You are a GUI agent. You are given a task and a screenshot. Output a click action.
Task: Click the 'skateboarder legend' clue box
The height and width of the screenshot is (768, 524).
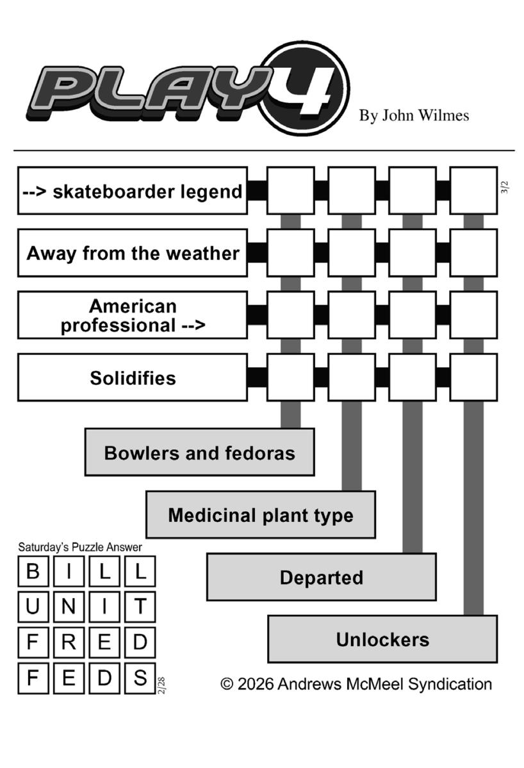(132, 191)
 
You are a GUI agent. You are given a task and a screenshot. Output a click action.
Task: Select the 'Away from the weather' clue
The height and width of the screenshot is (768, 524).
(132, 253)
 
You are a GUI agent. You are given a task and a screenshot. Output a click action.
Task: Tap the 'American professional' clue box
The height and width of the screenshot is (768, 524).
(132, 315)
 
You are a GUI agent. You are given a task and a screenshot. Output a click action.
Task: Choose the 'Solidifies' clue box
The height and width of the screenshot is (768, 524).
(132, 377)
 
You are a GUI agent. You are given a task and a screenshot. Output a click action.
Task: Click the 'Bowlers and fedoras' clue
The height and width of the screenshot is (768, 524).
(199, 453)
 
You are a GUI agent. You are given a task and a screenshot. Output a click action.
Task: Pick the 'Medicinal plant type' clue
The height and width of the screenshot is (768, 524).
(260, 515)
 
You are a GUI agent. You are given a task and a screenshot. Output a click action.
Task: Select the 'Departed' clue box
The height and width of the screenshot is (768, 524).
(321, 577)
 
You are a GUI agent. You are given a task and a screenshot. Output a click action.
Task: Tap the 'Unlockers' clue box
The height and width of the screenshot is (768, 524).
(382, 639)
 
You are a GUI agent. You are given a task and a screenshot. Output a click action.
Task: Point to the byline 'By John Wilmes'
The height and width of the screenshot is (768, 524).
(414, 115)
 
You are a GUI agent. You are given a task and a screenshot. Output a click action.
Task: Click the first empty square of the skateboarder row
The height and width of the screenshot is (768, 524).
(290, 190)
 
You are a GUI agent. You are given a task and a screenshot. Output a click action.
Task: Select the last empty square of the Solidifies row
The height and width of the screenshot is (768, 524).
(473, 377)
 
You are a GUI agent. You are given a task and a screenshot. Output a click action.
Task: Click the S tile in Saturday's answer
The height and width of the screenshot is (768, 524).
(140, 677)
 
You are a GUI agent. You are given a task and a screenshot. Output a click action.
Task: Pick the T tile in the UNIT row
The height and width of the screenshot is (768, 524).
(140, 607)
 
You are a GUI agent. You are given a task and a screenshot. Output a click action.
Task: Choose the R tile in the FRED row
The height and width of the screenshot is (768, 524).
(68, 642)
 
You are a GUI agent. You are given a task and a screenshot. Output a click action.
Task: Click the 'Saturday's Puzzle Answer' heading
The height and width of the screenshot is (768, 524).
(80, 547)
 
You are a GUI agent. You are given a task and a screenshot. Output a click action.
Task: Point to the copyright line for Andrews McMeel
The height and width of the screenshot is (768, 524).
(356, 684)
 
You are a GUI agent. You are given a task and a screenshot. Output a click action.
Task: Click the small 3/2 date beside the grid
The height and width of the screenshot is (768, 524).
(504, 187)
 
